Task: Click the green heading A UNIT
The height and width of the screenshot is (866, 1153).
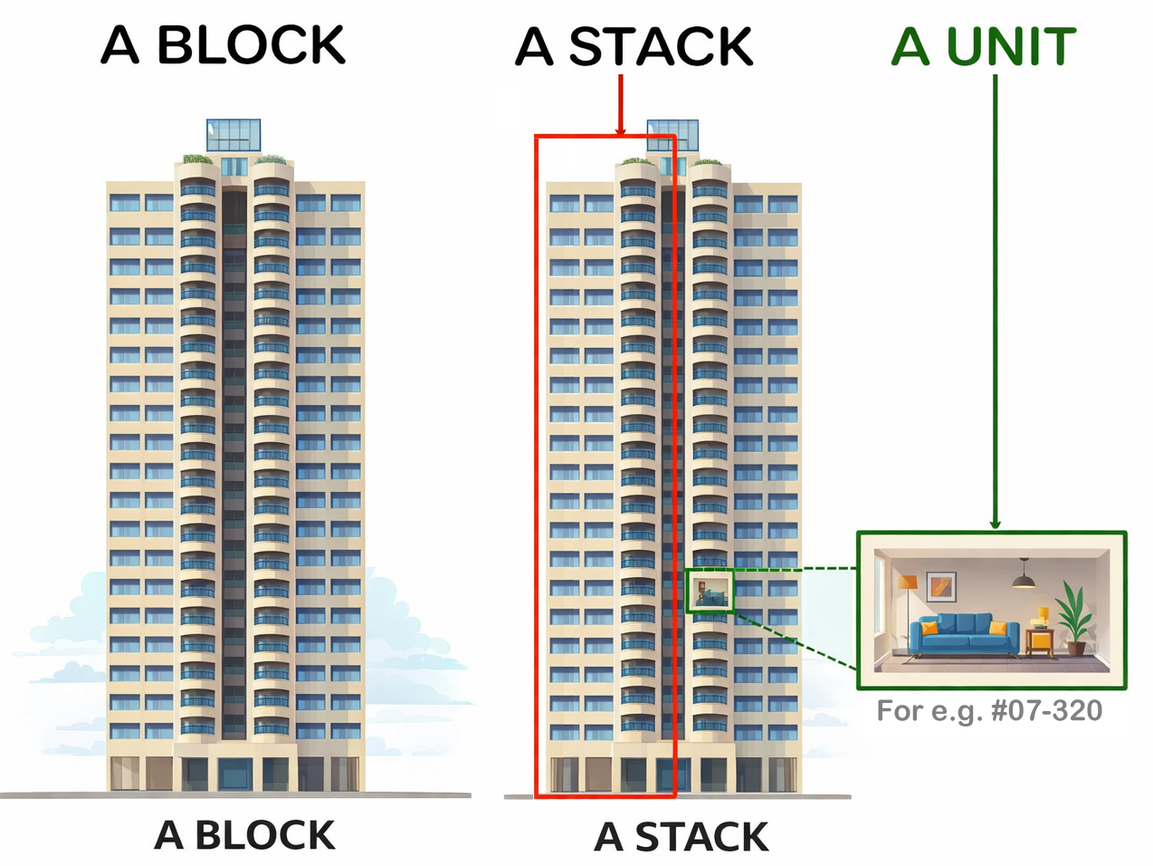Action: click(984, 46)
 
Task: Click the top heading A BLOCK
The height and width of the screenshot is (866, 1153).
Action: click(223, 44)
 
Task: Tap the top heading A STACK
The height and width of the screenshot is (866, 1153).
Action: click(634, 46)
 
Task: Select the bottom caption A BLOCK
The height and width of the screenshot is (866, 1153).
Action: click(244, 835)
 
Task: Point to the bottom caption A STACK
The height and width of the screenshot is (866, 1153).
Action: click(681, 836)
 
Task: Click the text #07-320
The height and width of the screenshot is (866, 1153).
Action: click(1046, 710)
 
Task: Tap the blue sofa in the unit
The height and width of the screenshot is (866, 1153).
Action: click(965, 635)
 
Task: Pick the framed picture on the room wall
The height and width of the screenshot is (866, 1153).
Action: click(941, 587)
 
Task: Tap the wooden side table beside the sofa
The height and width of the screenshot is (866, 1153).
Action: click(1040, 642)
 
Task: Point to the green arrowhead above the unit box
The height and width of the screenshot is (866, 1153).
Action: click(995, 524)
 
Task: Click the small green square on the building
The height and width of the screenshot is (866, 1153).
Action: click(710, 591)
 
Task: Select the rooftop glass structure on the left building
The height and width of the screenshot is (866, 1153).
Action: click(233, 135)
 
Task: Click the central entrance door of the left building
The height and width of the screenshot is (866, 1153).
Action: click(234, 774)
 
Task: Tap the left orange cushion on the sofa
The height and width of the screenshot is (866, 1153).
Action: click(929, 628)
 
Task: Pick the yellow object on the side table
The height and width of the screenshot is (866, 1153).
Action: click(1043, 613)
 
